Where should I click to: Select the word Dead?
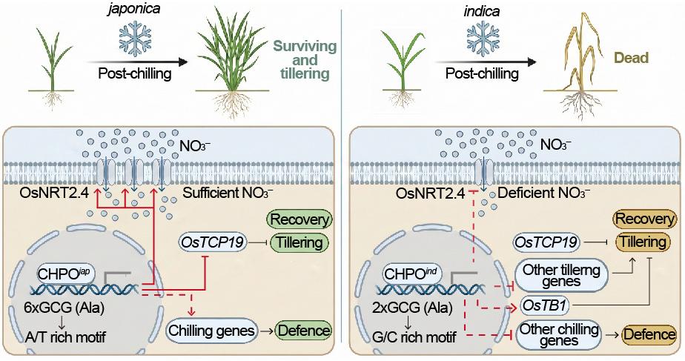click(x=632, y=58)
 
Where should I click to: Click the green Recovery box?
click(x=300, y=219)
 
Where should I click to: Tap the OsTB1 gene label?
click(x=545, y=306)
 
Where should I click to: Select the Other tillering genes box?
click(x=561, y=276)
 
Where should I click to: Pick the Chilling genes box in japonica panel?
click(x=211, y=331)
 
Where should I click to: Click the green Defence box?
click(x=304, y=331)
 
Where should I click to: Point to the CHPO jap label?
click(x=67, y=274)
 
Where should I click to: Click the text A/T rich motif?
click(x=64, y=337)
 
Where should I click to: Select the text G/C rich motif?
click(x=415, y=337)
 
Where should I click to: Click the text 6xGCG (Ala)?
click(x=64, y=308)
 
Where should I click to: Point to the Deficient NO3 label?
click(x=544, y=193)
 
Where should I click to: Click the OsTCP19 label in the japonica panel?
click(x=212, y=242)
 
